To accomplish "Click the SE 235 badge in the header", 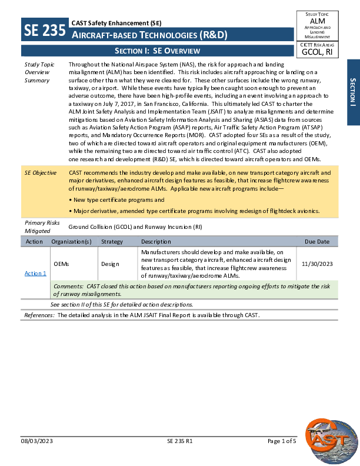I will pyautogui.click(x=44, y=29).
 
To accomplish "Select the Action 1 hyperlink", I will pyautogui.click(x=35, y=273).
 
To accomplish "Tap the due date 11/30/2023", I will pyautogui.click(x=317, y=265).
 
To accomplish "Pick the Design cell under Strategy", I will pyautogui.click(x=110, y=265).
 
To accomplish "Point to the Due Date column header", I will pyautogui.click(x=317, y=242).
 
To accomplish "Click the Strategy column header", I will pyautogui.click(x=112, y=242).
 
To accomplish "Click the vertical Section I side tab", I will pyautogui.click(x=353, y=92).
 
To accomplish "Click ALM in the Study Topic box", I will pyautogui.click(x=318, y=21).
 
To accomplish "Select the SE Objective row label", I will pyautogui.click(x=40, y=173).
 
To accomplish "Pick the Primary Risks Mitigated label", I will pyautogui.click(x=42, y=227).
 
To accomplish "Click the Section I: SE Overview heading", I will pyautogui.click(x=158, y=51).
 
